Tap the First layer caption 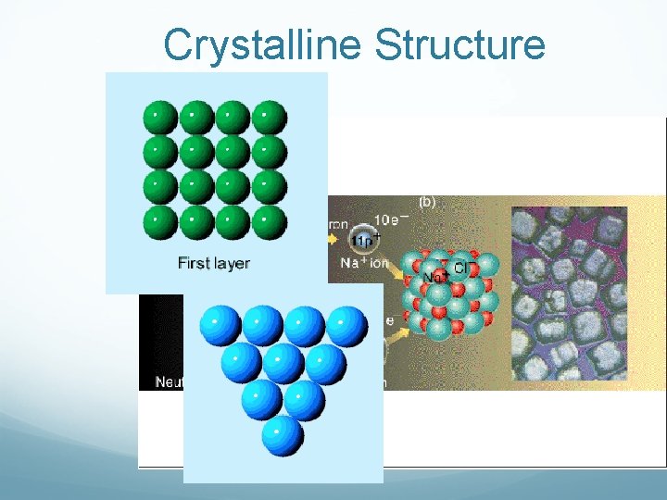pos(214,263)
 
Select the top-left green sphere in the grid pos(159,118)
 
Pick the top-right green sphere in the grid pos(269,118)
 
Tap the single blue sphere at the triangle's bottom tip pos(283,436)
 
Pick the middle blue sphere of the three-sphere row pos(283,364)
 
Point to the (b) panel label pos(427,202)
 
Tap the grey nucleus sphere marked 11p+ pos(362,241)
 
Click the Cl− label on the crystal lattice pos(460,269)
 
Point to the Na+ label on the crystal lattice pos(434,276)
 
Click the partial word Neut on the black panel pos(169,381)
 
